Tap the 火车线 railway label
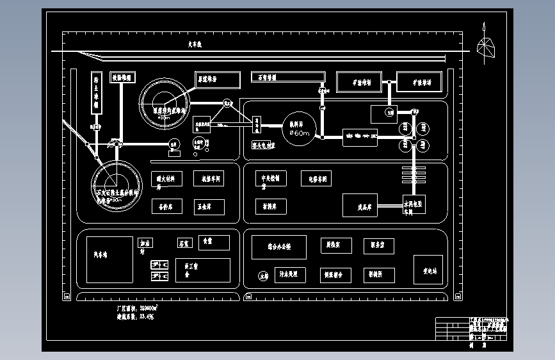point(195,45)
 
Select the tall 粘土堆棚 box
point(97,93)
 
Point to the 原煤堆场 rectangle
point(218,79)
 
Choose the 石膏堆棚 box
point(281,78)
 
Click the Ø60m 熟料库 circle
point(300,129)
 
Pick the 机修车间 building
point(209,178)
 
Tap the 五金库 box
point(209,206)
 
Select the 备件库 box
point(167,206)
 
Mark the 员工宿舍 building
point(202,271)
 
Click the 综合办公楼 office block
point(278,247)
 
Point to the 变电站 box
point(428,270)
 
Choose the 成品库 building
point(360,205)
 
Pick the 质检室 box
point(337,246)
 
